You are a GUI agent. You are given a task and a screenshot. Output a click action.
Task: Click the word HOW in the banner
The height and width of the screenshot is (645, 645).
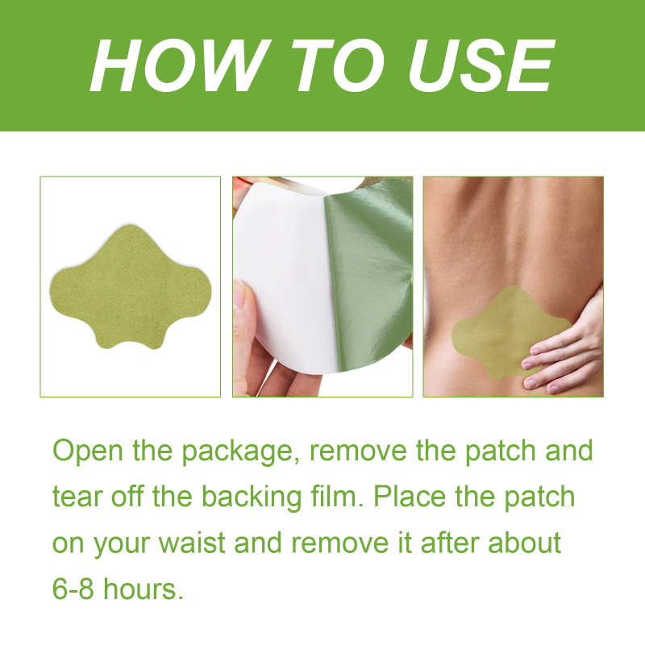[x=180, y=65]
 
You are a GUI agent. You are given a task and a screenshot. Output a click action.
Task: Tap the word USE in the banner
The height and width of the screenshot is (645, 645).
[x=481, y=65]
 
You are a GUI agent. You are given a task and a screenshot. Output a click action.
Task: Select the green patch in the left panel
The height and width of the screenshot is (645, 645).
[x=131, y=287]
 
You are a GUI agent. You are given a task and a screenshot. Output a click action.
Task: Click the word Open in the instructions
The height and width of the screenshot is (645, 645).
[x=88, y=451]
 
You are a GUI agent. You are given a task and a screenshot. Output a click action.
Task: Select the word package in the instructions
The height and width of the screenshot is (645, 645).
[x=240, y=452]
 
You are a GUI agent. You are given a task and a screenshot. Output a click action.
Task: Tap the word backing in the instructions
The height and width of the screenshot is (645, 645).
[x=252, y=497]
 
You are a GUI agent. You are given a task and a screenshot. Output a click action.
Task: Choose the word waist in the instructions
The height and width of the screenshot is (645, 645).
[x=192, y=543]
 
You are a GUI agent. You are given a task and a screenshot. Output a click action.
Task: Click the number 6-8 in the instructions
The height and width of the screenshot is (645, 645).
[x=73, y=589]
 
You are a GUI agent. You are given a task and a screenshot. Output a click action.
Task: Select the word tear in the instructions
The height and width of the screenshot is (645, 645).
[x=77, y=497]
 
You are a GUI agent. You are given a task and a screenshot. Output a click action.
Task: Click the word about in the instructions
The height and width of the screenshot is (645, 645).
[x=525, y=542]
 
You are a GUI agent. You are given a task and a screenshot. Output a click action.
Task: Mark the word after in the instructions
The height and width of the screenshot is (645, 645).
[x=450, y=542]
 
